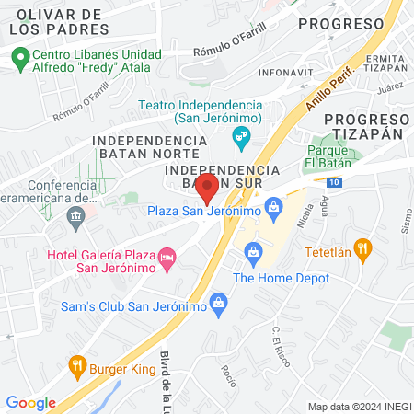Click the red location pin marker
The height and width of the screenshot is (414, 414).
[207, 189]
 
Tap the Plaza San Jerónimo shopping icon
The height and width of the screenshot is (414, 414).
[272, 206]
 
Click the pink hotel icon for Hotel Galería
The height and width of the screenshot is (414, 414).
[167, 255]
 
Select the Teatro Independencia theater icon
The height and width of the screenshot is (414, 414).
[242, 139]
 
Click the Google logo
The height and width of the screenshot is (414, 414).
[30, 402]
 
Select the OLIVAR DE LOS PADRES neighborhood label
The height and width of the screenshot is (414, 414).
[58, 21]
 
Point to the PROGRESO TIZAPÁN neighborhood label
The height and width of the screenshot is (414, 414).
[366, 127]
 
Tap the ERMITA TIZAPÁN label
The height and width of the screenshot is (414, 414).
[385, 63]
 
